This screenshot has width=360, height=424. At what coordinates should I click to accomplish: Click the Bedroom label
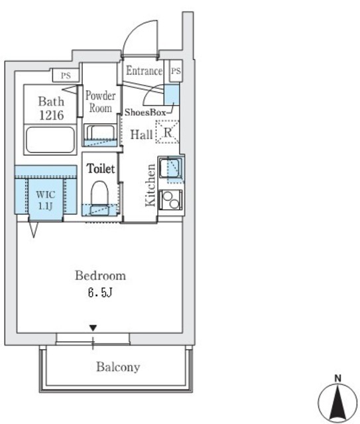coord(100,276)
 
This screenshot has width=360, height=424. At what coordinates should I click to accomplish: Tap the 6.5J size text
coord(100,292)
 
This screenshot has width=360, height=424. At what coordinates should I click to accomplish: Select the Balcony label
coord(118,367)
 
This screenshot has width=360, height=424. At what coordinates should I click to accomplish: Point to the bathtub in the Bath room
coord(50,140)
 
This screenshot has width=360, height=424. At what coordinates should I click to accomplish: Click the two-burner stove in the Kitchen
coord(170,200)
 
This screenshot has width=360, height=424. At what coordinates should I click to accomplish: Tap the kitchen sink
coord(170,168)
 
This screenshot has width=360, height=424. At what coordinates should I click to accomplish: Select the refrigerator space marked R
coord(168,132)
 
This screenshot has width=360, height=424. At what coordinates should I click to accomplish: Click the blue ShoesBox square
coord(172,94)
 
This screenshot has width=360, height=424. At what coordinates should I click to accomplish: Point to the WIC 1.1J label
coord(46,200)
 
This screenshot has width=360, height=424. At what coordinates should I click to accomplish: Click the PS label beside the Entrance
coord(176,71)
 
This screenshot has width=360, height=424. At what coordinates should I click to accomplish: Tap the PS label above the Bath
coord(66,75)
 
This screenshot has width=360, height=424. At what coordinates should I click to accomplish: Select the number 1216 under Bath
coord(52,115)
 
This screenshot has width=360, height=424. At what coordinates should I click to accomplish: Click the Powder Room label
coord(100,101)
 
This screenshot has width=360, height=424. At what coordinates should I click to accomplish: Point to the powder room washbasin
coord(100,135)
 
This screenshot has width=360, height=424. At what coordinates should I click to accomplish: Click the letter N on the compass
coord(337,378)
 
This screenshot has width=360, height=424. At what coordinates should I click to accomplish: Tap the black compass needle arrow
coord(337,402)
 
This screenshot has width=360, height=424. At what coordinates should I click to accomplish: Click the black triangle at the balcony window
coord(93,329)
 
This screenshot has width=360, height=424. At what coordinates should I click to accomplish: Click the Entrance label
coord(145,71)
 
